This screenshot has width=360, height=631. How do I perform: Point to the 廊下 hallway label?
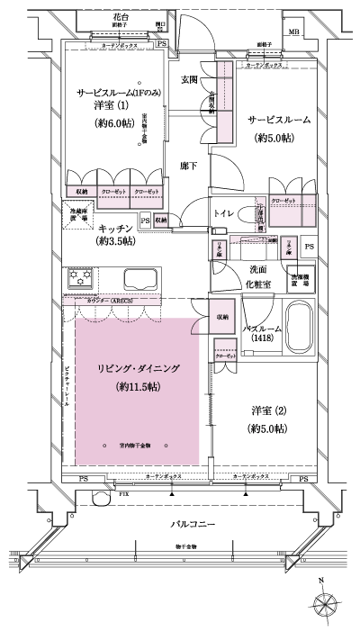(x=189, y=166)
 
